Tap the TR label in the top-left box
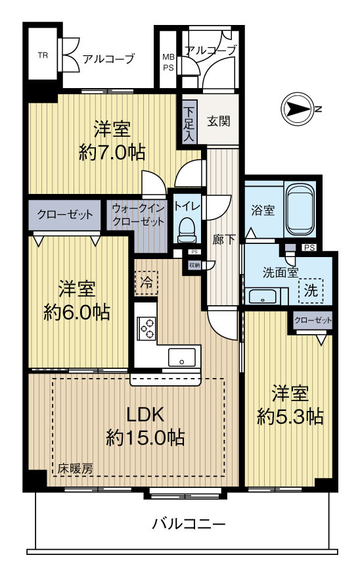[x=43, y=56]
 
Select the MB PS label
[x=168, y=62]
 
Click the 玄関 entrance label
[x=218, y=121]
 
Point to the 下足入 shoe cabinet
[x=189, y=124]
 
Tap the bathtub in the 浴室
[x=300, y=209]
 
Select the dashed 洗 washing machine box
[x=311, y=291]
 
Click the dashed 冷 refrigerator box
[x=146, y=283]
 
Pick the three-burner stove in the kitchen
[x=146, y=328]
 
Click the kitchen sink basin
[x=181, y=357]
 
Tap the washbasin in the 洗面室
[x=263, y=296]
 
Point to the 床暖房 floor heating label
[x=75, y=469]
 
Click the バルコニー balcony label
[x=189, y=524]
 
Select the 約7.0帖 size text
[x=112, y=153]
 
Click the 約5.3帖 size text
[x=290, y=416]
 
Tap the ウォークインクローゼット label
[x=138, y=215]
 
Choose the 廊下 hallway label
[x=224, y=239]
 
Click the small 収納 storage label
[x=194, y=265]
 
